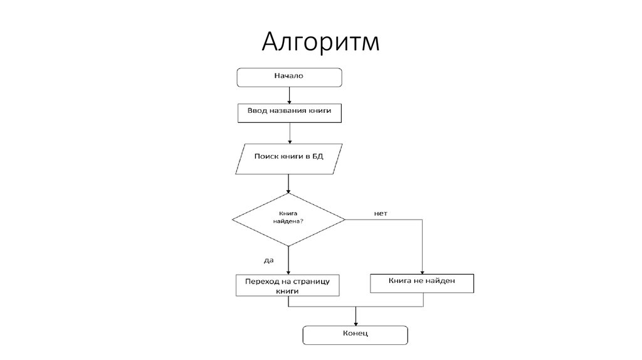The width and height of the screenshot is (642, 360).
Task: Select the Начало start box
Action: (x=289, y=77)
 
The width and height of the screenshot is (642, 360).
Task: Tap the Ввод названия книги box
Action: (x=289, y=112)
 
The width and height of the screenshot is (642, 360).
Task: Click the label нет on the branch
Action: (x=381, y=213)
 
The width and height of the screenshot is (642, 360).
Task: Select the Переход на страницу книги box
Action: (x=288, y=285)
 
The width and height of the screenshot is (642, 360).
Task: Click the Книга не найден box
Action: (x=422, y=283)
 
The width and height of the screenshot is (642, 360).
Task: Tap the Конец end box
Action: (x=355, y=334)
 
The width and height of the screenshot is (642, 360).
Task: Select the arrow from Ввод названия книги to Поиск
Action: (x=289, y=132)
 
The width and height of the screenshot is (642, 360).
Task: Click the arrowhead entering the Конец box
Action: (x=355, y=322)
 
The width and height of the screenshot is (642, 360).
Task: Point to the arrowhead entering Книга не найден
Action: (x=423, y=270)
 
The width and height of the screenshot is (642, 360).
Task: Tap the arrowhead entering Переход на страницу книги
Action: (x=288, y=272)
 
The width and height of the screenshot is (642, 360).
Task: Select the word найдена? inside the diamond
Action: (x=288, y=221)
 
